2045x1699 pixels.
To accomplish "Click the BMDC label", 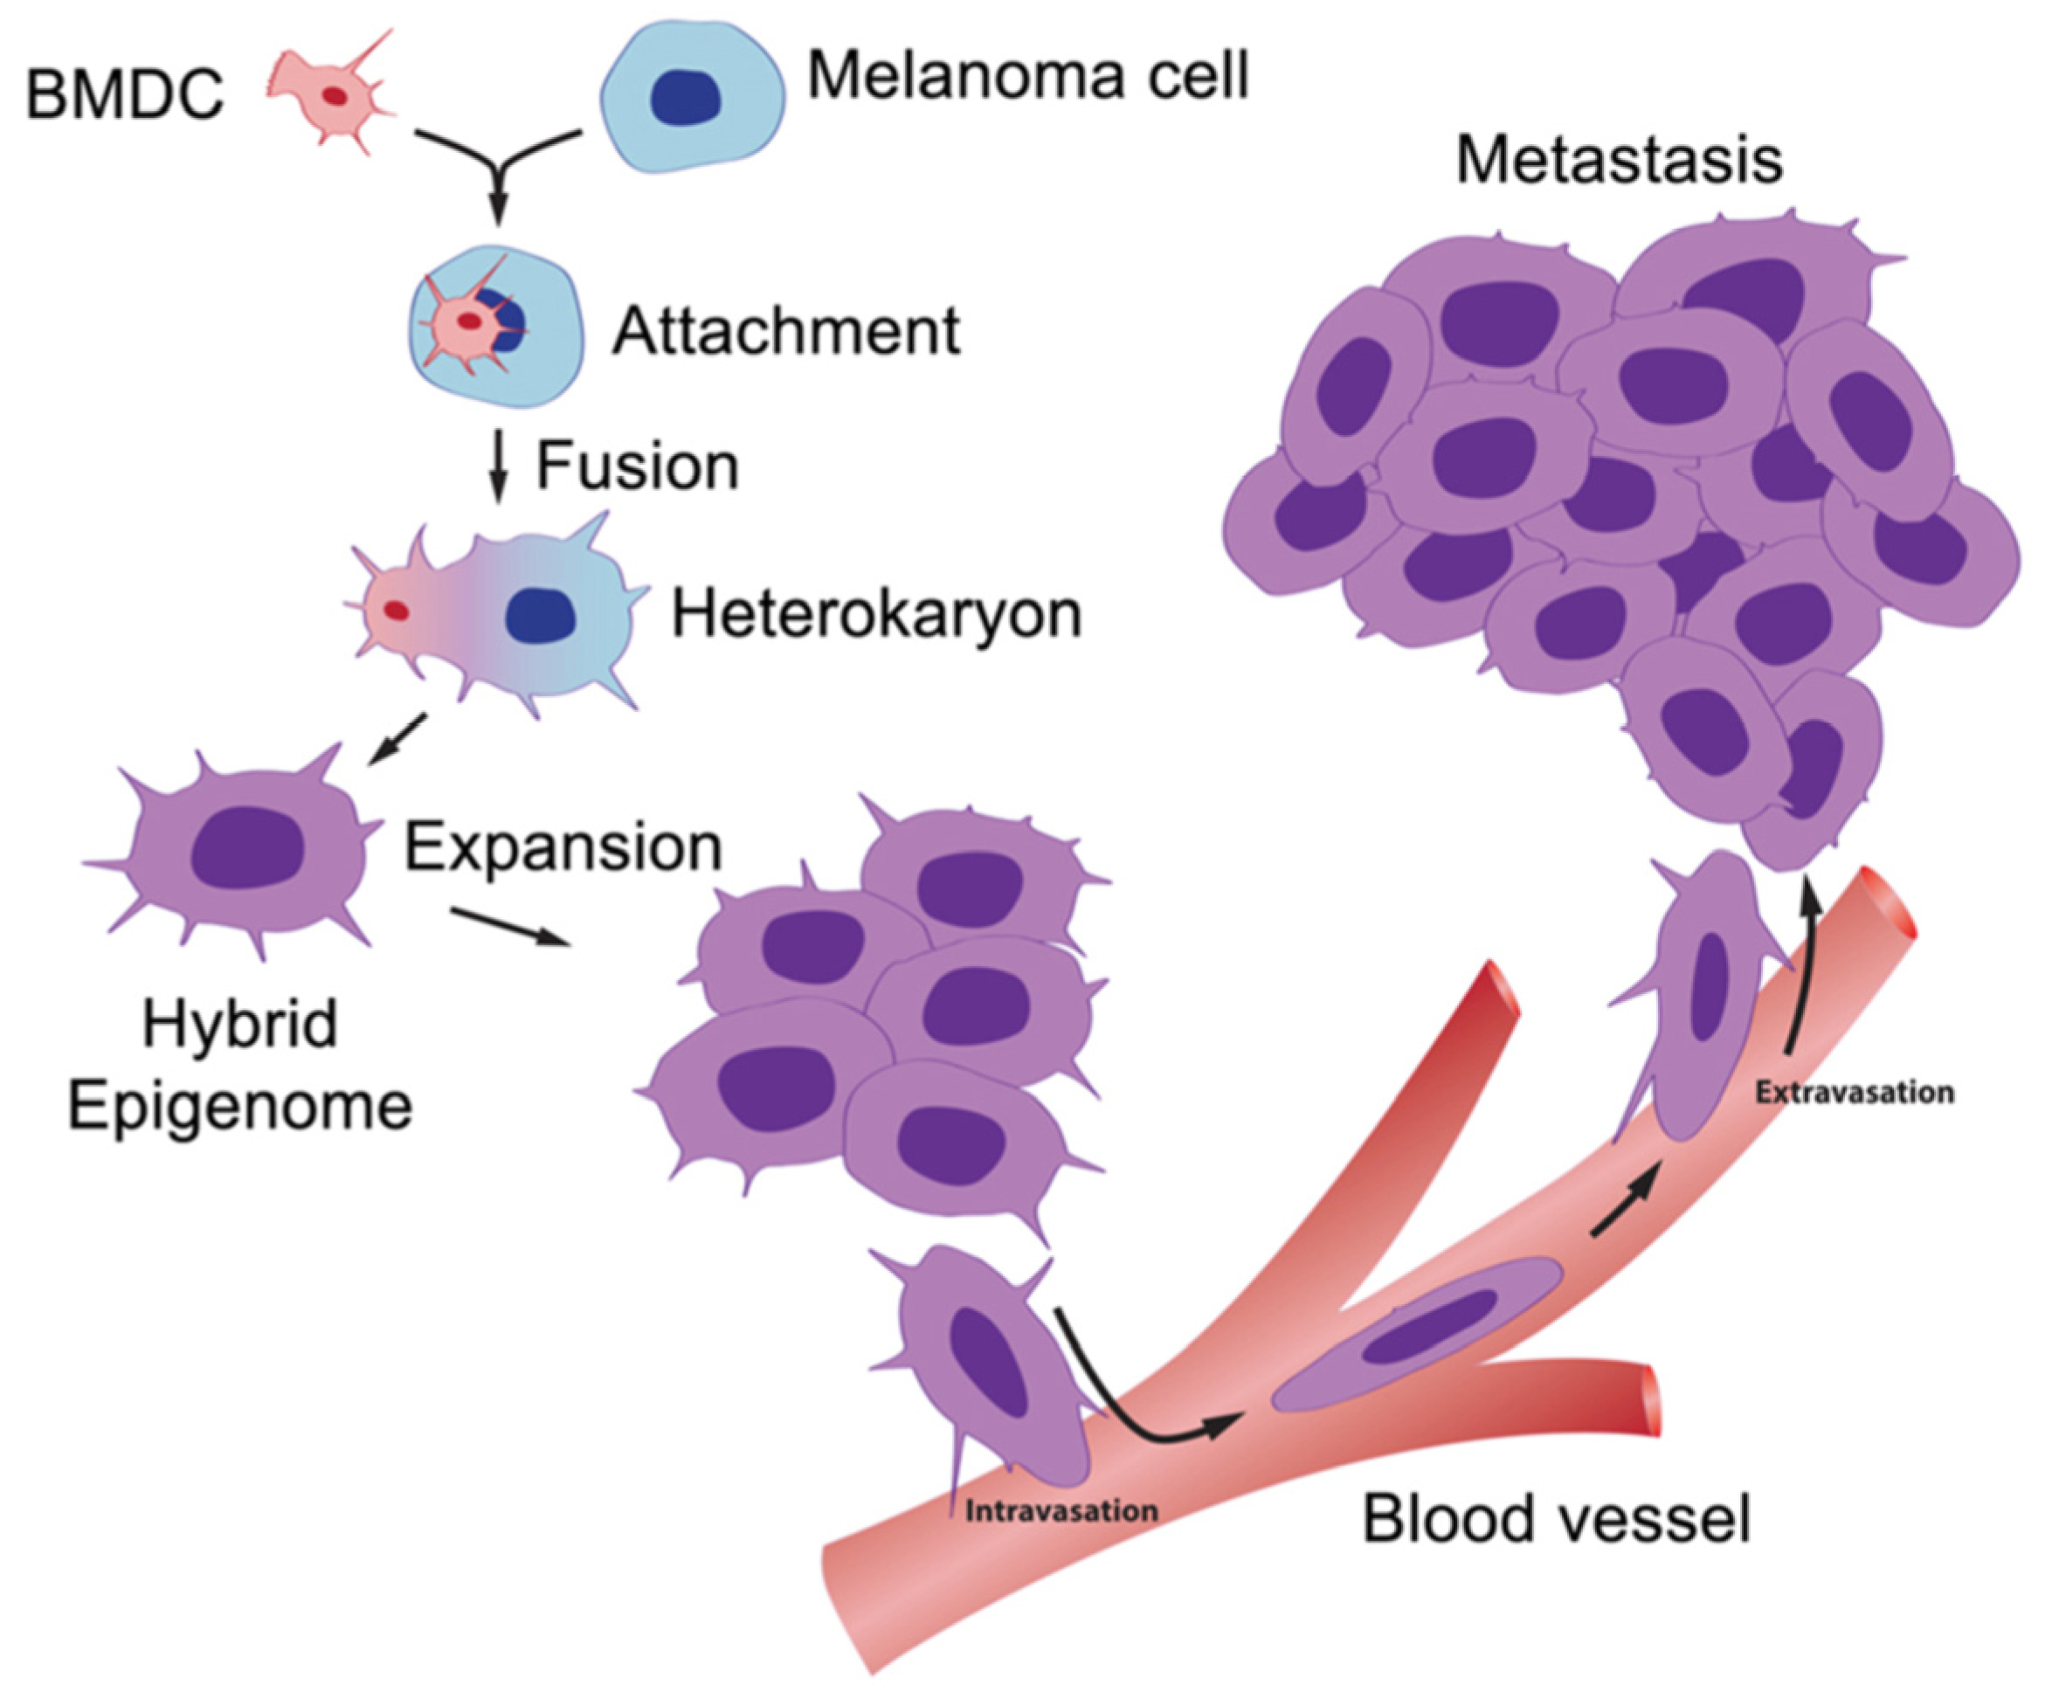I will (x=125, y=96).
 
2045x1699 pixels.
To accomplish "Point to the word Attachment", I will (x=784, y=332).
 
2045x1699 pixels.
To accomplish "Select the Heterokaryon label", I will (x=876, y=614).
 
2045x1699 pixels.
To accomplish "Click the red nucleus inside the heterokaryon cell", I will (x=397, y=611).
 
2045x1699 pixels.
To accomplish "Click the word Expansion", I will (x=563, y=848).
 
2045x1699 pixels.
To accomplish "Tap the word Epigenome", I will (x=239, y=1106).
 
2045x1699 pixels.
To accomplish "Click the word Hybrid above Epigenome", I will (x=239, y=1025).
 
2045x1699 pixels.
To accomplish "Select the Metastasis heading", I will (x=1619, y=161).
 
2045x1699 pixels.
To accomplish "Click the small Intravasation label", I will (x=1061, y=1511).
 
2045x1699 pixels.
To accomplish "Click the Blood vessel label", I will (x=1555, y=1518).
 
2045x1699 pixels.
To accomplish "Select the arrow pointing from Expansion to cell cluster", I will (x=509, y=926).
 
